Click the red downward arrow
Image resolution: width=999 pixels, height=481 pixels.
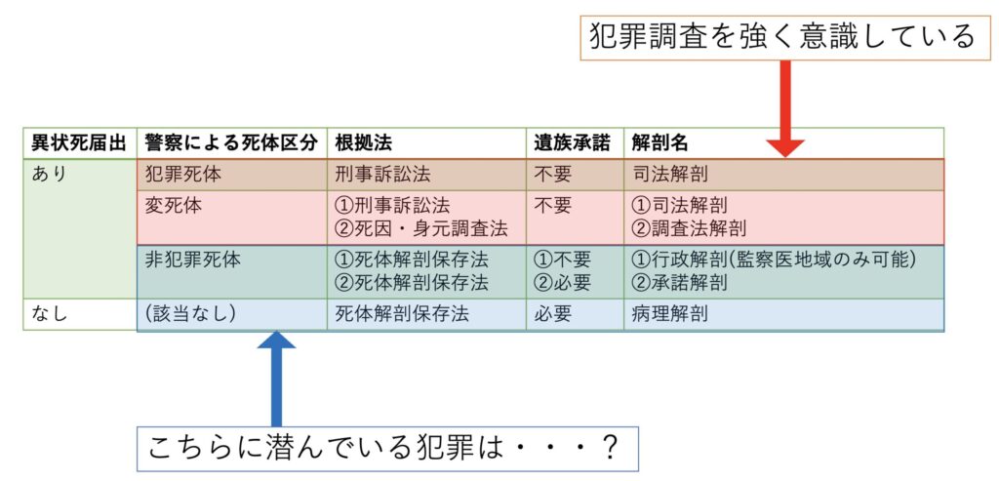[x=784, y=108]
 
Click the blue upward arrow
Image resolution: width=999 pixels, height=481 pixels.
[x=276, y=380]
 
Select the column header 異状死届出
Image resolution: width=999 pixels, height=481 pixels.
[x=80, y=143]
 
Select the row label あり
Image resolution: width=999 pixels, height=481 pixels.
[x=49, y=174]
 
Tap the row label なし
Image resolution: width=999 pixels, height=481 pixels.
[x=49, y=314]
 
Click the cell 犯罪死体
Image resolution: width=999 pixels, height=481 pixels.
[x=182, y=174]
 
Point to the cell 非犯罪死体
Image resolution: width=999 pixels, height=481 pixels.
[x=192, y=260]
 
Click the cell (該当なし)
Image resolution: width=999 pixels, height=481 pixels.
[x=191, y=314]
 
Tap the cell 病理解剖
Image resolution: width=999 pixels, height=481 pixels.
[x=669, y=314]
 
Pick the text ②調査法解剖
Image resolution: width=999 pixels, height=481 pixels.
[x=689, y=226]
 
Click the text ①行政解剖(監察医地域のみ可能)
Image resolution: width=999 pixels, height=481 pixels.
[x=774, y=260]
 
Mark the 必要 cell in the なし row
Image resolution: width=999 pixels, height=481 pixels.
[x=554, y=314]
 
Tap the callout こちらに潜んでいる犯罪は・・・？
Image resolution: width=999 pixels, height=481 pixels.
[x=387, y=449]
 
